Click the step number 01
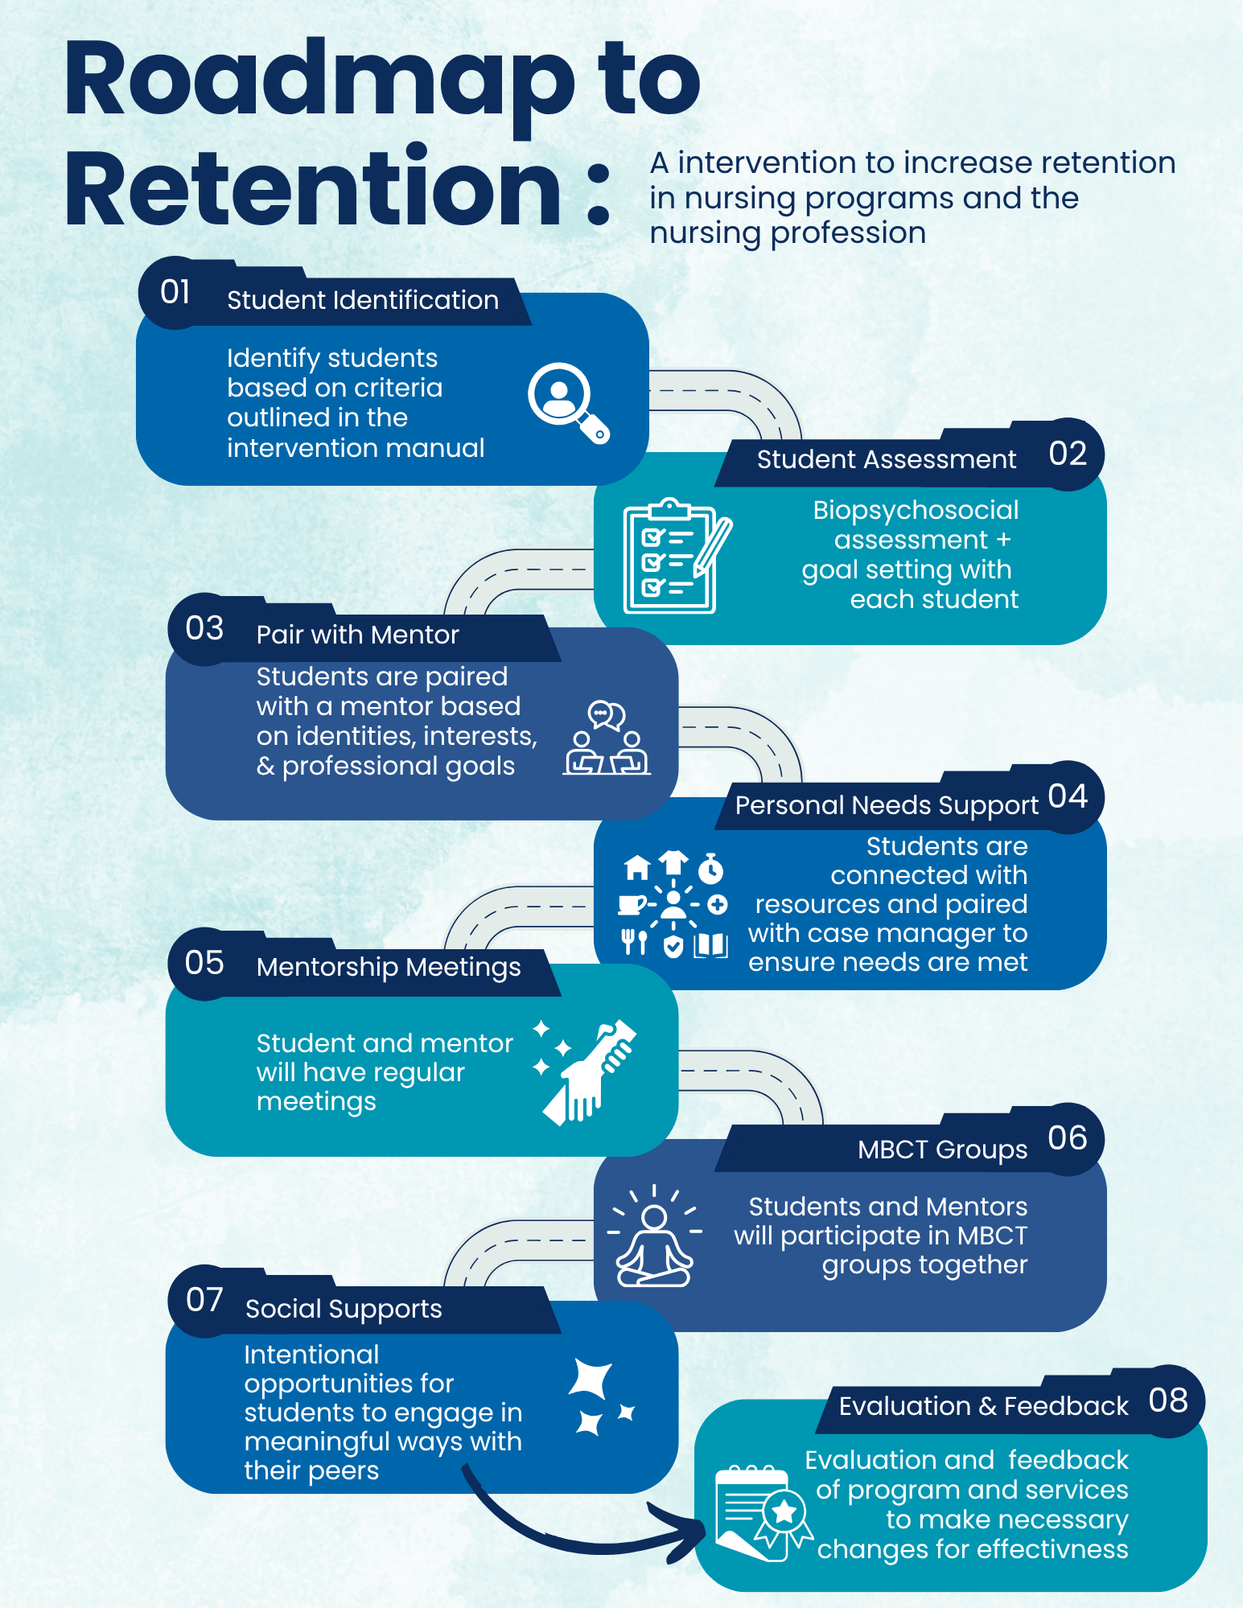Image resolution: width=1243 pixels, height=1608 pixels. pos(175,292)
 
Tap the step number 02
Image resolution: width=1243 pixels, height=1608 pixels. pos(1068,454)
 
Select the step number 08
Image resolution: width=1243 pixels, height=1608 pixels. pos(1168,1400)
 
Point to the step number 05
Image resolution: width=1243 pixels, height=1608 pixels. pos(204,963)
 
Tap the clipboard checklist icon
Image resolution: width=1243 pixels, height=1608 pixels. pos(674,556)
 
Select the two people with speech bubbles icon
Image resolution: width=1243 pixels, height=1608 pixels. pos(607,738)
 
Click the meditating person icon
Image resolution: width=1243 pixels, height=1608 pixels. pos(654,1237)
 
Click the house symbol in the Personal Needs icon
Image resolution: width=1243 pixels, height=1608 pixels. pos(637,867)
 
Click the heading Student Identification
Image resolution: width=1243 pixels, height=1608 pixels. pos(363,300)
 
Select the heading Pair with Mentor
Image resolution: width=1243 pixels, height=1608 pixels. pos(357,635)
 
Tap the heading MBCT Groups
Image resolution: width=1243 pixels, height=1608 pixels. pos(942,1149)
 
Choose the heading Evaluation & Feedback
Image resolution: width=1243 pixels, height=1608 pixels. pos(983,1406)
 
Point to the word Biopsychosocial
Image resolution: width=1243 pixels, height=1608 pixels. pos(916,510)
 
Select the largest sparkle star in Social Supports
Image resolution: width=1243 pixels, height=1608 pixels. pos(591,1380)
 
